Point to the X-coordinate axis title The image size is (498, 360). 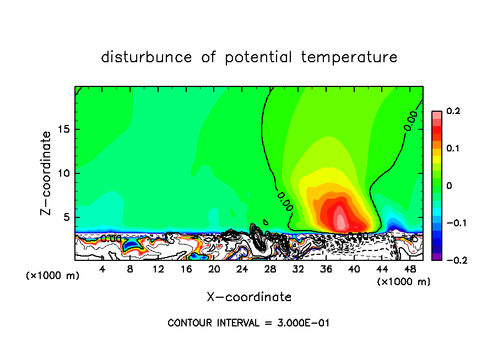tap(249, 297)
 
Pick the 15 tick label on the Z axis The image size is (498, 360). tap(63, 129)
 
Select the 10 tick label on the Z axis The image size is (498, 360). tap(63, 173)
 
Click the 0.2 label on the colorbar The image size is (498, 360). tap(453, 111)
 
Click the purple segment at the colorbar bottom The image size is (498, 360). tap(436, 256)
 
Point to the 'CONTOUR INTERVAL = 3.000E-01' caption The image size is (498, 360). tap(248, 323)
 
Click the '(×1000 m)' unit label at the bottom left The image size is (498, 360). tap(52, 275)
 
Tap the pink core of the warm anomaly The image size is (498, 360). tap(340, 219)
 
